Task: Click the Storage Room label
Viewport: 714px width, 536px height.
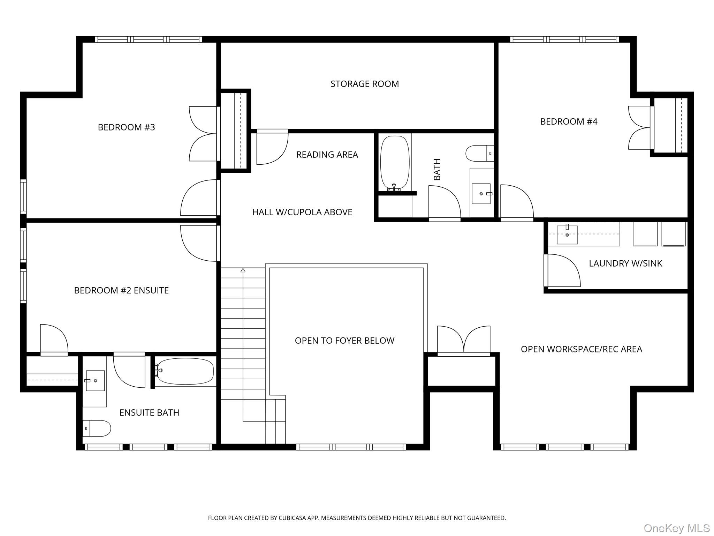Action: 365,84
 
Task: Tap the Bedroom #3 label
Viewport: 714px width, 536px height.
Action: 126,127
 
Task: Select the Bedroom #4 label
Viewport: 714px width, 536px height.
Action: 569,121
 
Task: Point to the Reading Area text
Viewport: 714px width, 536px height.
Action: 327,155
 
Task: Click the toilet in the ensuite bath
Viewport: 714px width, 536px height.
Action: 97,428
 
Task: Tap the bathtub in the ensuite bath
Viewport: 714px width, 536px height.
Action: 185,371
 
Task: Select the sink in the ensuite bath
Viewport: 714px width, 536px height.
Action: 95,381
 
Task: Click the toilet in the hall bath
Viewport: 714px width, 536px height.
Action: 480,153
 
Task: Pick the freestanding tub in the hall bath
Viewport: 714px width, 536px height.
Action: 395,163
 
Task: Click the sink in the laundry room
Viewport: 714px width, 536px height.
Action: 567,234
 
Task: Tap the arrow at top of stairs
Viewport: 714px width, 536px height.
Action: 243,270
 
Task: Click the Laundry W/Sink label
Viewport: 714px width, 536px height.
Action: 625,263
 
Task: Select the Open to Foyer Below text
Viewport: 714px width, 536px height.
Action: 344,341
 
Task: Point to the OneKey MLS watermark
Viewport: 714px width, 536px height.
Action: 676,528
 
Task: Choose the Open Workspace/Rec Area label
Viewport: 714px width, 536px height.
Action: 582,349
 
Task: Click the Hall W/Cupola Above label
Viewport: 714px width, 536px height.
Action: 302,212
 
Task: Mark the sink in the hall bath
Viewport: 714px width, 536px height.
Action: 481,194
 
